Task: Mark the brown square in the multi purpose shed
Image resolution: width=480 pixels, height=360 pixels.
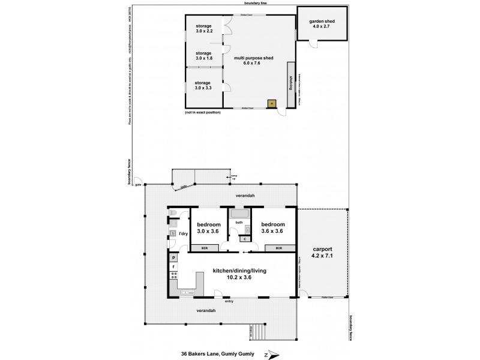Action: click(x=271, y=103)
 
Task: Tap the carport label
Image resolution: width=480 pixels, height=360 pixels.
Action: click(x=322, y=252)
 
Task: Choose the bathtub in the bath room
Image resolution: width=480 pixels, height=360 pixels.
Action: click(x=239, y=214)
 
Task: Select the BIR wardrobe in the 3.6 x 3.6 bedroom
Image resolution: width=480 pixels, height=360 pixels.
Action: click(x=279, y=248)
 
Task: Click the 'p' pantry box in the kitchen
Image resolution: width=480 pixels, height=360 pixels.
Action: click(x=174, y=257)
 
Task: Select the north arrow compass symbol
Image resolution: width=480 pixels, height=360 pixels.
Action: click(x=273, y=353)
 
